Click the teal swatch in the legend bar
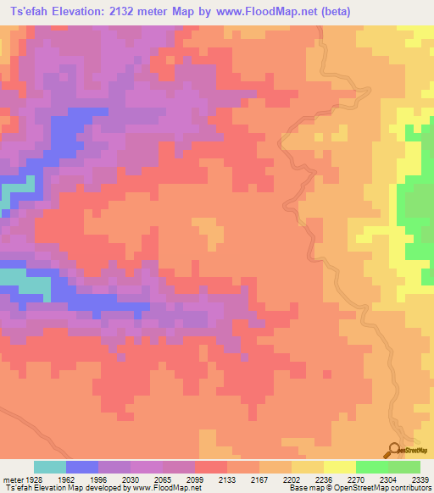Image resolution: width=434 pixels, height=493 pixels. pos(50,467)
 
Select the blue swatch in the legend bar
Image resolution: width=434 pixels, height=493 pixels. pos(82,467)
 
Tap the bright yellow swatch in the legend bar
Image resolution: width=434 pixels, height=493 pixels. pos(340,467)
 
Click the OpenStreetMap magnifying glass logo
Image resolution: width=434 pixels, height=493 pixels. pos(393,450)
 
